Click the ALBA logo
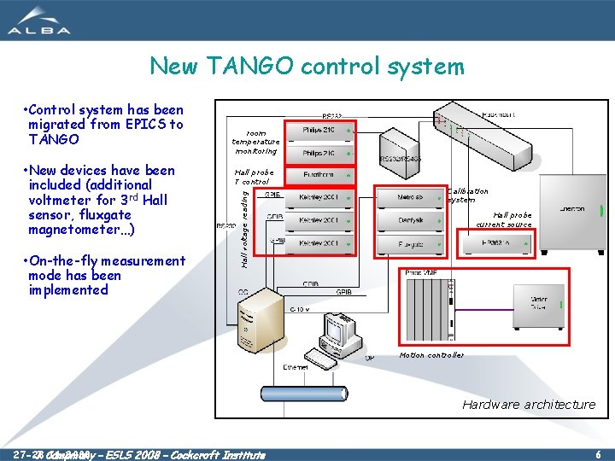tap(40, 20)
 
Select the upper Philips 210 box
tap(318, 130)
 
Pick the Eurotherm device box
tap(318, 175)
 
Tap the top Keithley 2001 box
tap(318, 197)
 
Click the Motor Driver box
tap(539, 304)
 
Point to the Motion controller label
tap(431, 355)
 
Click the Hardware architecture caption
tap(529, 405)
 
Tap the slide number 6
tap(599, 454)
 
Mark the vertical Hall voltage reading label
tap(244, 228)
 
